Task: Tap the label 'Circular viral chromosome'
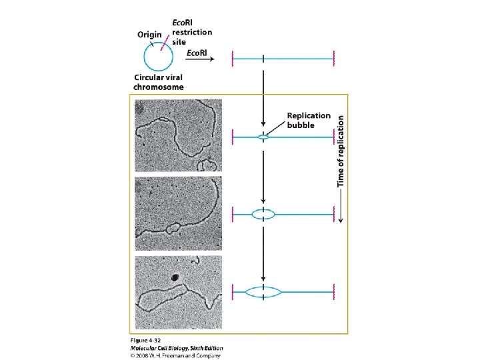tap(158, 82)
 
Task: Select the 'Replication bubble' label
tap(309, 120)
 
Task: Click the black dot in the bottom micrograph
tap(175, 278)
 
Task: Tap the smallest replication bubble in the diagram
tap(265, 137)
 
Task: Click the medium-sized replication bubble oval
tap(265, 214)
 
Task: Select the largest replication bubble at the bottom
tap(265, 291)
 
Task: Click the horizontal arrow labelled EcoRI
tap(199, 59)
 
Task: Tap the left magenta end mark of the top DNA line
tap(233, 59)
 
